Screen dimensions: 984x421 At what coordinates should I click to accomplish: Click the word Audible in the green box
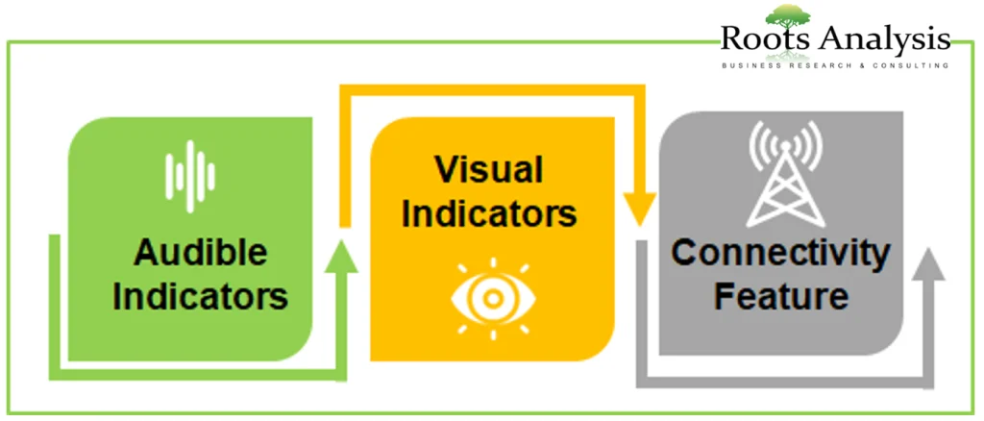[x=200, y=254]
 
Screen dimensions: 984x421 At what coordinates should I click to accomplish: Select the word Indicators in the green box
[x=200, y=297]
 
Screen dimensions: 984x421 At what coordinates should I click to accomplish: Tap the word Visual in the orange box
[x=489, y=171]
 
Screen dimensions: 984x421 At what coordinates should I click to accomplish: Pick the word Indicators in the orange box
[x=489, y=213]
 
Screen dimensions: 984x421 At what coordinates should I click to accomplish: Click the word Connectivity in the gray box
[x=780, y=254]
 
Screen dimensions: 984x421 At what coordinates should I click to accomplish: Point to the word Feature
[x=781, y=296]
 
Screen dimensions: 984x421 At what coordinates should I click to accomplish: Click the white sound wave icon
[x=190, y=176]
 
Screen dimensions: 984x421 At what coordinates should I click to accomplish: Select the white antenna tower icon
[x=786, y=174]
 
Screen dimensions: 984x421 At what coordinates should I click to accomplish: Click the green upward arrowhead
[x=341, y=258]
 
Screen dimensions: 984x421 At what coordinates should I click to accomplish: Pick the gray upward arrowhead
[x=928, y=263]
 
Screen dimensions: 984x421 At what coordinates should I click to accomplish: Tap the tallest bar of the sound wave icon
[x=190, y=176]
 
